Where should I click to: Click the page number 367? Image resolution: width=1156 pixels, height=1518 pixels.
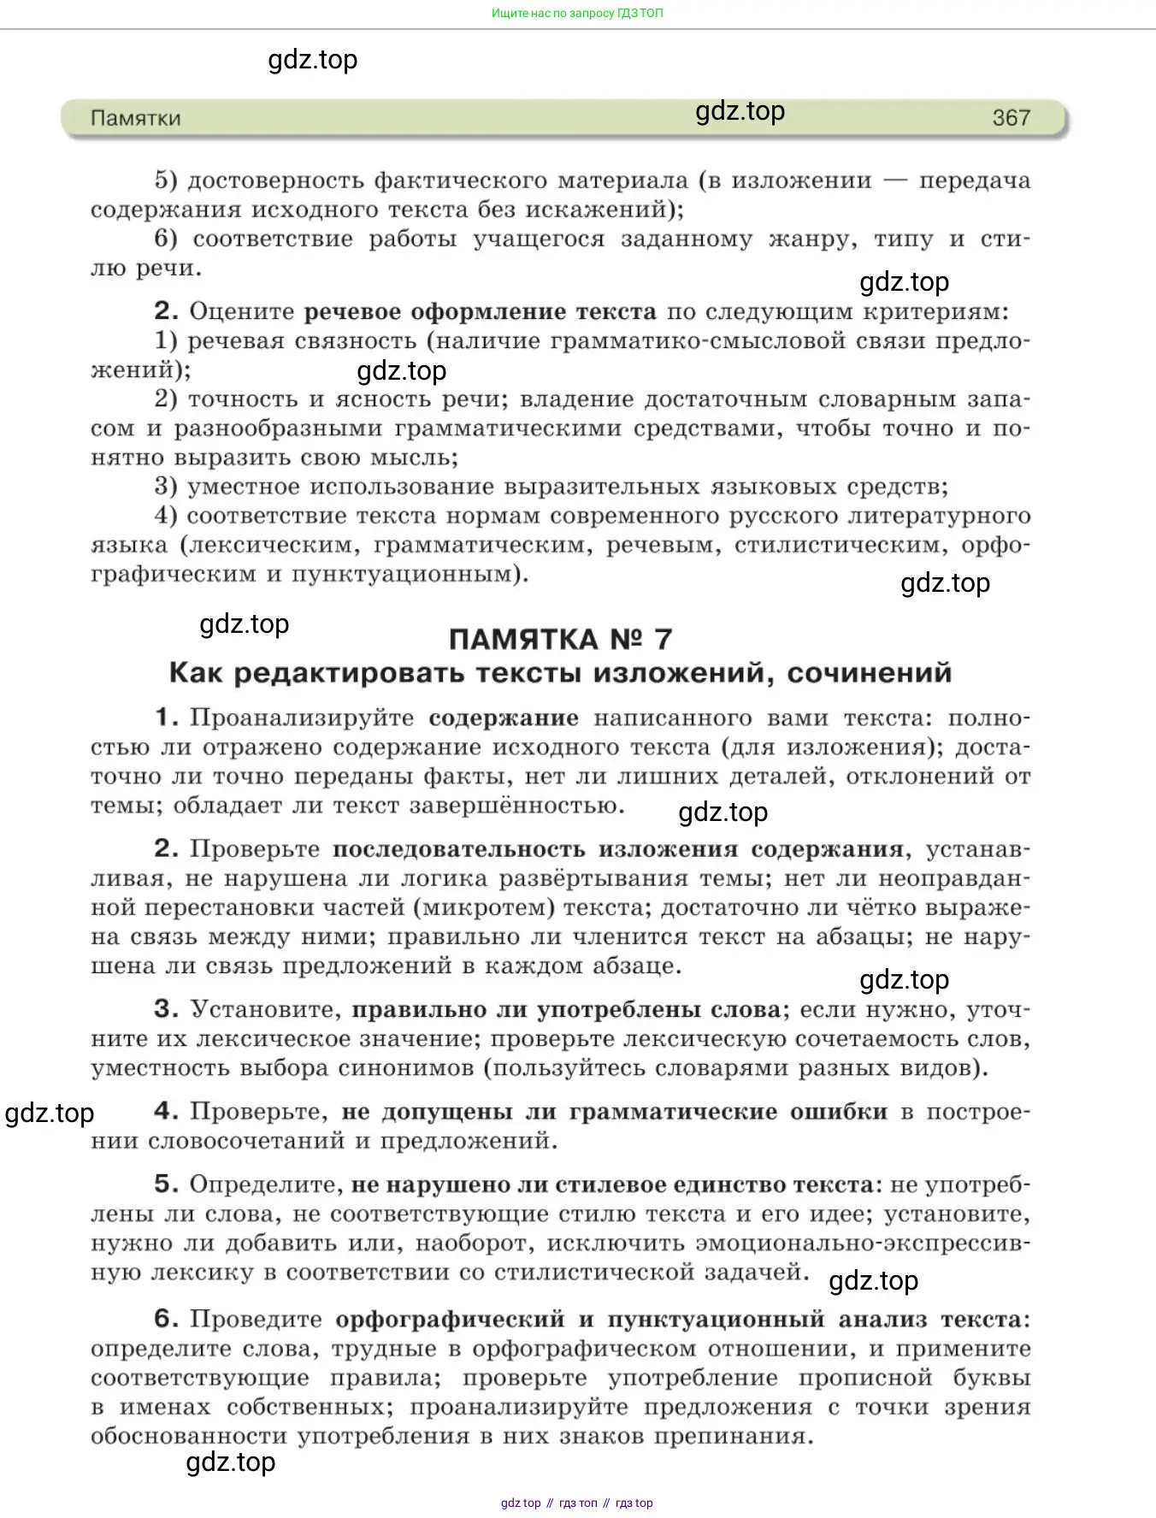(x=1011, y=118)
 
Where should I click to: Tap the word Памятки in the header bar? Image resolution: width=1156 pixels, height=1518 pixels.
(x=136, y=118)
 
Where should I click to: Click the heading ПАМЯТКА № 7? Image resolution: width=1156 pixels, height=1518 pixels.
(x=560, y=639)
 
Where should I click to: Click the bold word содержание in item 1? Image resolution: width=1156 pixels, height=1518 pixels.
(x=504, y=718)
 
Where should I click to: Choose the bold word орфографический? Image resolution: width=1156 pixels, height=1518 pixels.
(x=450, y=1320)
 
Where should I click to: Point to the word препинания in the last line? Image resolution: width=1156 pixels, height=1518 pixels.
(x=732, y=1436)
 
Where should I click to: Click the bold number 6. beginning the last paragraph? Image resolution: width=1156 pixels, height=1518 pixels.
(x=167, y=1320)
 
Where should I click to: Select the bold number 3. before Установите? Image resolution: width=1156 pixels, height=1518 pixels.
(x=167, y=1010)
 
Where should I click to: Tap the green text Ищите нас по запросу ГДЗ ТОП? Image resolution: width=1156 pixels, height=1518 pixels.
(x=577, y=14)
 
